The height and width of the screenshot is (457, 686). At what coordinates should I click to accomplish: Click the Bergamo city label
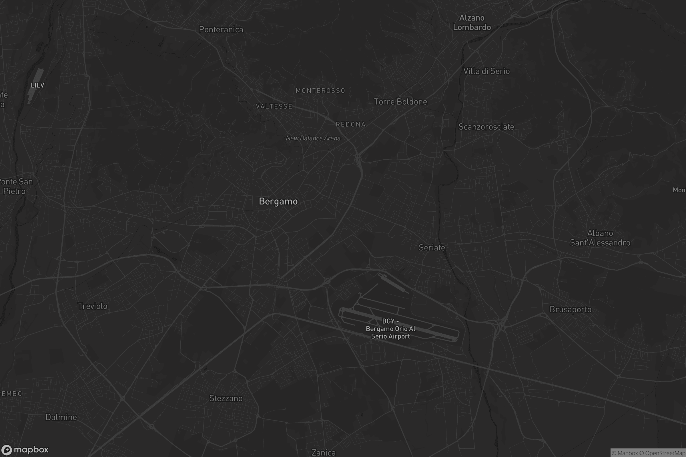click(278, 201)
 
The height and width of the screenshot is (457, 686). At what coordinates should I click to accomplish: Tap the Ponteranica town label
click(221, 29)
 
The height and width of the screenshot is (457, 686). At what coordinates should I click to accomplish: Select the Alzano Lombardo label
click(472, 23)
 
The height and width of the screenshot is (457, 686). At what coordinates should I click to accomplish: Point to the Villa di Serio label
click(486, 71)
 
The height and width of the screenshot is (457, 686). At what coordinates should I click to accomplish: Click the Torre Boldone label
click(400, 102)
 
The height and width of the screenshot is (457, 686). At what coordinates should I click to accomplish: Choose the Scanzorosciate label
click(486, 127)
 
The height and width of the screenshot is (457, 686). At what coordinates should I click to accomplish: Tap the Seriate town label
click(432, 248)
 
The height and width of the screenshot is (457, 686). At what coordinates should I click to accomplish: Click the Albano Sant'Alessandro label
click(600, 238)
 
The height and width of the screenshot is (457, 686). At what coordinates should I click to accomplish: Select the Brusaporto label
click(570, 309)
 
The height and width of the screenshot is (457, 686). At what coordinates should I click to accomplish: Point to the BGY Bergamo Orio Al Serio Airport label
click(390, 329)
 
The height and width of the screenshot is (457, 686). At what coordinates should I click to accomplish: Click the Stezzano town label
click(226, 398)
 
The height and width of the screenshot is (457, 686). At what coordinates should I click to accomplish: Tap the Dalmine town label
click(61, 417)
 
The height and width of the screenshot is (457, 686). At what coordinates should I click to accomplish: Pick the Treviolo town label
click(92, 306)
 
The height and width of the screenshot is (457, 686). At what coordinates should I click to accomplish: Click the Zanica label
click(323, 452)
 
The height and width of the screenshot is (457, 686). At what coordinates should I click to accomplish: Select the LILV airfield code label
click(37, 85)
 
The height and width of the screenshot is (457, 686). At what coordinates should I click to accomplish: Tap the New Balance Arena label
click(313, 138)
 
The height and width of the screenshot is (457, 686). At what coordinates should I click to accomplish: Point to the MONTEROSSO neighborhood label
click(320, 91)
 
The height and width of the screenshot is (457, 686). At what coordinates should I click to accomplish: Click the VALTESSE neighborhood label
click(274, 106)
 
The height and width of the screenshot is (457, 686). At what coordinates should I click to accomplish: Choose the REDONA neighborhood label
click(351, 125)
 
